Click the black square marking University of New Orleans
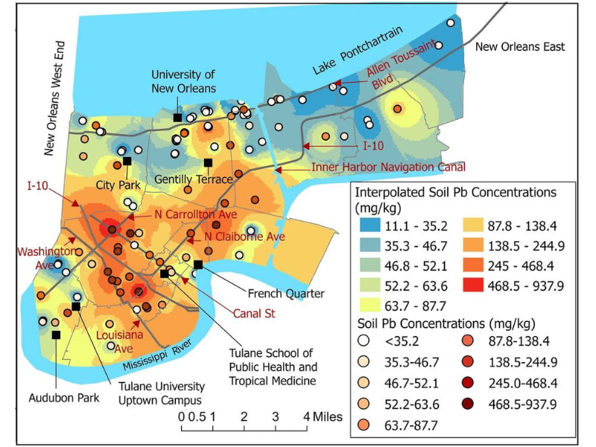[177, 118]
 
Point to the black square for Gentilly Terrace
[208, 163]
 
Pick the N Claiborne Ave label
[245, 237]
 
